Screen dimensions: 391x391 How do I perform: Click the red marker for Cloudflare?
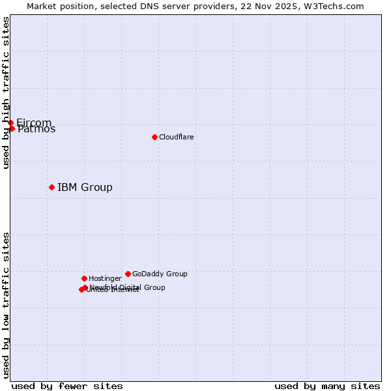tap(154, 137)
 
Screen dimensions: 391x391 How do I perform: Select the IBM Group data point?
tap(51, 187)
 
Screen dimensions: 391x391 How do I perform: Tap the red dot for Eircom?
tap(10, 123)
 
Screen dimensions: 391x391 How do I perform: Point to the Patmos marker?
tap(12, 128)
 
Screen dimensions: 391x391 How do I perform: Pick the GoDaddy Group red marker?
tap(128, 274)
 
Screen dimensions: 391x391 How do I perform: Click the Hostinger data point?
tap(84, 278)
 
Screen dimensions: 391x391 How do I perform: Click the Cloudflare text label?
tap(176, 137)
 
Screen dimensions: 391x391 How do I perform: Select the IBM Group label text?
tap(85, 188)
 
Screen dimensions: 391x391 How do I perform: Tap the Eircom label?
tap(34, 123)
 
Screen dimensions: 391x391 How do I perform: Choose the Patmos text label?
tap(37, 129)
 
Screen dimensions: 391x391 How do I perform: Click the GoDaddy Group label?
tap(160, 274)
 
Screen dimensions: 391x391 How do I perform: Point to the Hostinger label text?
tap(105, 278)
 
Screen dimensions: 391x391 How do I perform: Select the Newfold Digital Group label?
tap(128, 287)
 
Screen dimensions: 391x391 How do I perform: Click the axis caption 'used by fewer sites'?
tap(67, 386)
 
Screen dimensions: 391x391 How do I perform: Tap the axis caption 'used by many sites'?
tap(327, 386)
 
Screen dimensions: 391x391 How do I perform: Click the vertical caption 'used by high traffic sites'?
tap(6, 93)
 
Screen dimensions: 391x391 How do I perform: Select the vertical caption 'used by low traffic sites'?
tap(6, 305)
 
